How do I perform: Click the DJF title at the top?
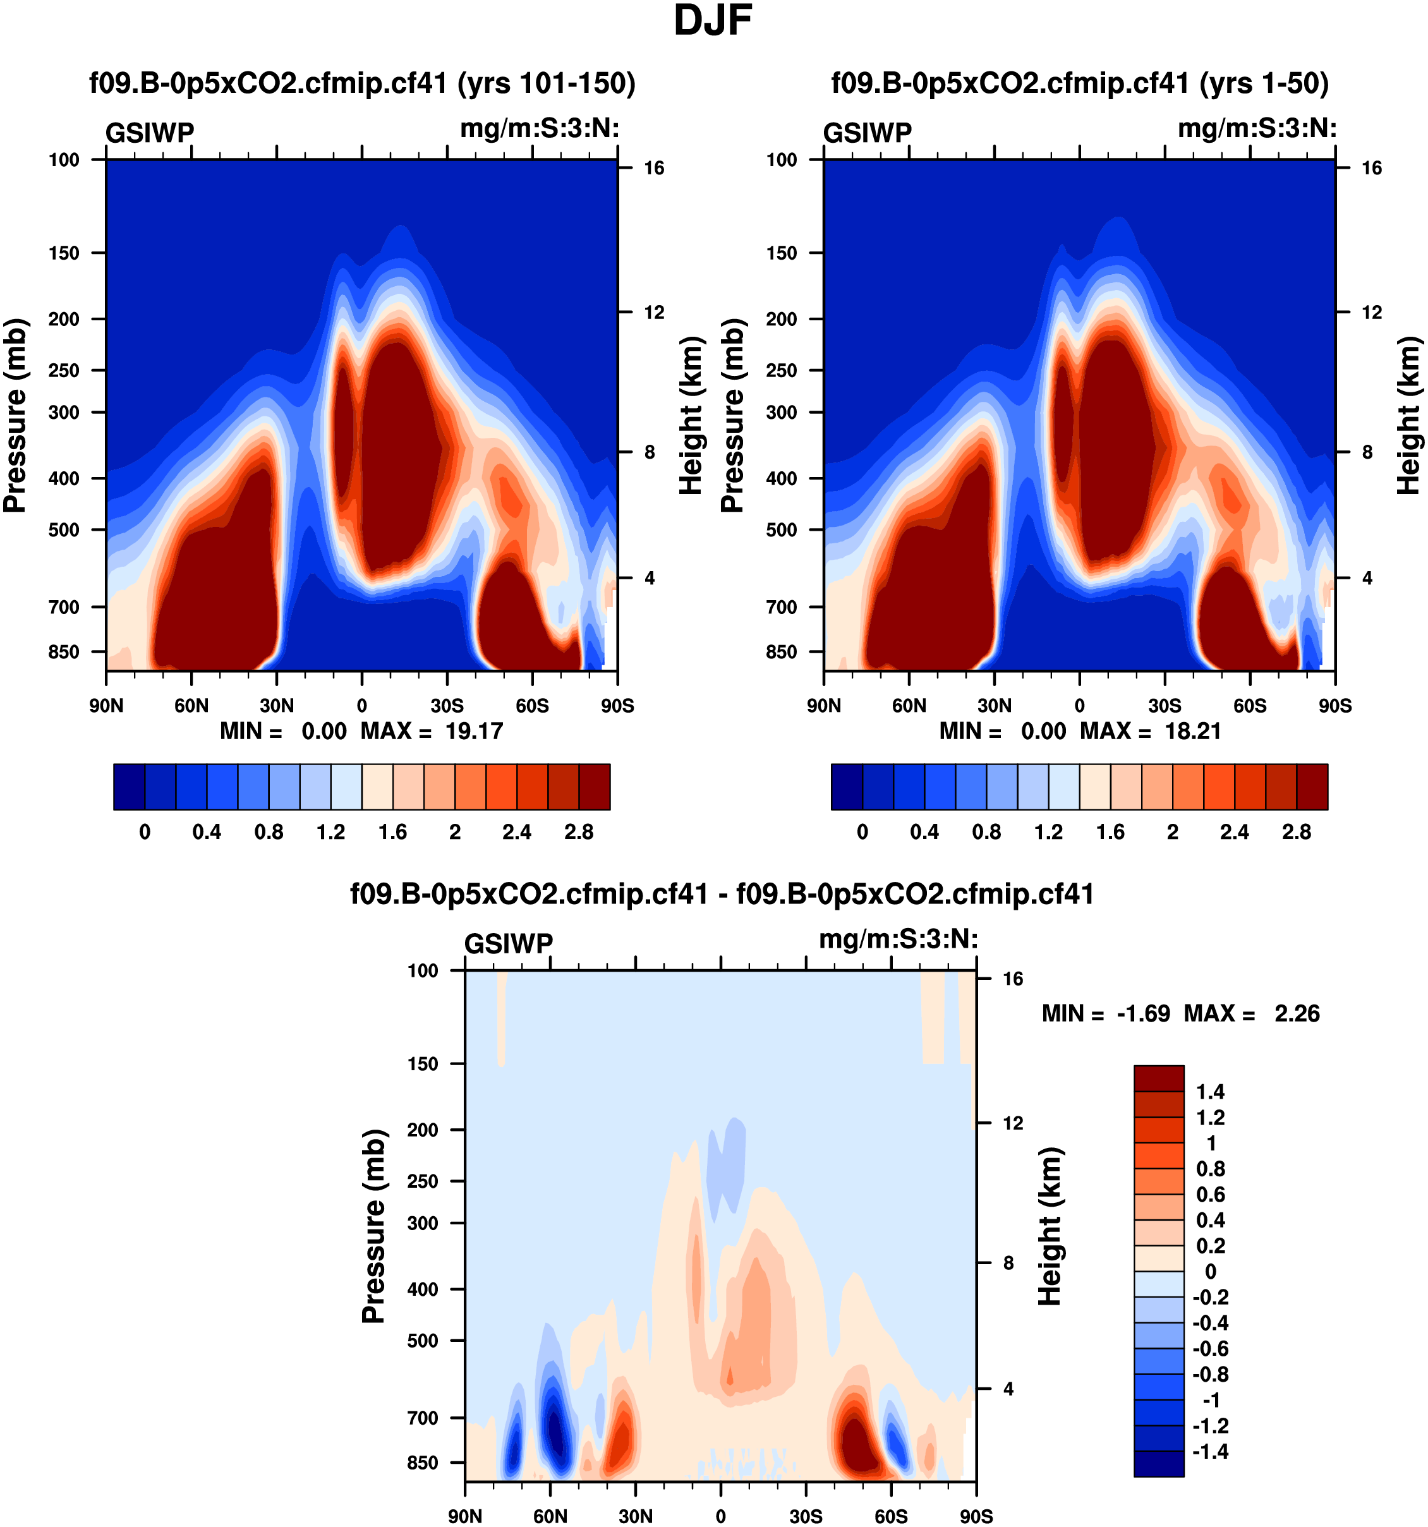coord(712,21)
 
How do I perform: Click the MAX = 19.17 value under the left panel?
coord(432,730)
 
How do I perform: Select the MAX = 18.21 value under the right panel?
coord(1150,730)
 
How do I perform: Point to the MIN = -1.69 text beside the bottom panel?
coord(1105,1013)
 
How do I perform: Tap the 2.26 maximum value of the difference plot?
coord(1297,1013)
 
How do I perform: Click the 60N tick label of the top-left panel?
coord(191,705)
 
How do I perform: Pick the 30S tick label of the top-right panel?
coord(1165,705)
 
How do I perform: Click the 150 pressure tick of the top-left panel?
coord(64,253)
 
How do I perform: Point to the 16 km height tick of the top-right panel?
coord(1371,168)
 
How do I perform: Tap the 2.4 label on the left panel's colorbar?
coord(516,832)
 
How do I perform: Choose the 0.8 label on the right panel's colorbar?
coord(986,832)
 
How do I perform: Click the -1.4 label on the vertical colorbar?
coord(1210,1451)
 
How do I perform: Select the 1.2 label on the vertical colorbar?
coord(1210,1118)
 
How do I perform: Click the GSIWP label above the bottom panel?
coord(509,943)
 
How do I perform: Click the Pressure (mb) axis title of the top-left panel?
coord(15,415)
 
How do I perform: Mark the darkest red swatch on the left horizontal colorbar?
coord(595,787)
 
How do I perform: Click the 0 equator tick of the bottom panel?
coord(720,1516)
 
